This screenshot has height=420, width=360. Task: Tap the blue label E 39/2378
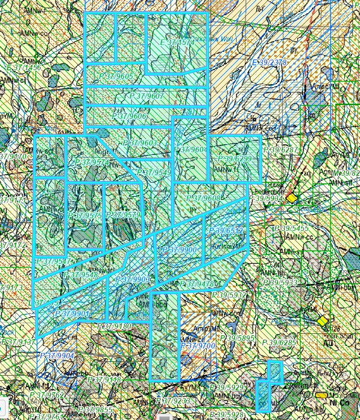pos(269,63)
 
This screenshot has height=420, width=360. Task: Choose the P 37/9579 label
pos(123,216)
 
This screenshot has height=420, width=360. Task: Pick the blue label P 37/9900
pos(179,250)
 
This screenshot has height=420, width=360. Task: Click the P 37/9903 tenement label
pos(132,279)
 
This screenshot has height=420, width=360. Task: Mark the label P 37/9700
pos(197,346)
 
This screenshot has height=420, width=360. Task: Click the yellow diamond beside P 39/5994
pos(292,198)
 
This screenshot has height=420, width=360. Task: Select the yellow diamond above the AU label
pos(323,321)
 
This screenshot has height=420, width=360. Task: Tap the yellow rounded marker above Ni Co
pos(321,395)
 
